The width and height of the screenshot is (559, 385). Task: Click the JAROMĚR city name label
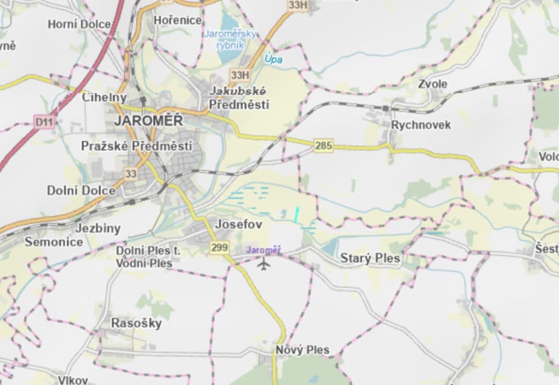tap(148, 121)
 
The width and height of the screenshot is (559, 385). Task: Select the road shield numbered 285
tap(324, 145)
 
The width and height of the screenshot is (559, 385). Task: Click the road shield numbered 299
tap(219, 247)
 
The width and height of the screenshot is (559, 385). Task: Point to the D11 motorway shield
tap(43, 122)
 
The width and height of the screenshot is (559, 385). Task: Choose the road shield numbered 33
tap(130, 174)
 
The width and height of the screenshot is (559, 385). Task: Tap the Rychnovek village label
tap(421, 125)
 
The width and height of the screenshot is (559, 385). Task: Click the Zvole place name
tap(432, 84)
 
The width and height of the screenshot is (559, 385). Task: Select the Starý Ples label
tap(370, 258)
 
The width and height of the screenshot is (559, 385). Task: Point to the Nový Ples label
tap(303, 350)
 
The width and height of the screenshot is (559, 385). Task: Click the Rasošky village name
tap(136, 323)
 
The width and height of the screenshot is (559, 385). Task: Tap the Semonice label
tap(53, 242)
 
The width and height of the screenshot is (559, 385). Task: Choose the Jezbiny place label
tap(98, 229)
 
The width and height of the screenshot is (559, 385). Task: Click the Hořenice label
tap(178, 20)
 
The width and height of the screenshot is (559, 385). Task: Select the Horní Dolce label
tap(79, 24)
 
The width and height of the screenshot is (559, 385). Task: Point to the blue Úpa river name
tap(273, 60)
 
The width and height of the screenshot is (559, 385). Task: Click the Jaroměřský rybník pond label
tap(230, 39)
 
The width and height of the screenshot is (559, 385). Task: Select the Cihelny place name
tap(104, 97)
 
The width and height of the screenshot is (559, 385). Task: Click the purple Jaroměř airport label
tap(263, 250)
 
